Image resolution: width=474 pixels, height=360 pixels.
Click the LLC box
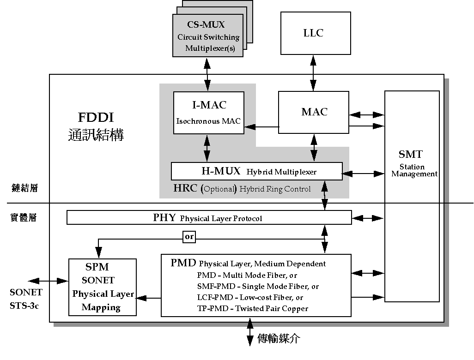[x=313, y=33]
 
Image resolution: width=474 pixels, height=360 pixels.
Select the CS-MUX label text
[x=206, y=25]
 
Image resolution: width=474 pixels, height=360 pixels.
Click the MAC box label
[x=314, y=112]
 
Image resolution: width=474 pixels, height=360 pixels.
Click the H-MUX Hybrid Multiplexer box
[x=256, y=171]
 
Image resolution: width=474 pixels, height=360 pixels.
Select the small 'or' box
[x=189, y=237]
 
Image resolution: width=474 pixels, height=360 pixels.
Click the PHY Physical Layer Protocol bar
[x=209, y=218]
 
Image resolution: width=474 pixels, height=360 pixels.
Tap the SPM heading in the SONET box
[x=97, y=267]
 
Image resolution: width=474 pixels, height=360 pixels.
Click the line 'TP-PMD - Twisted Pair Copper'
[x=252, y=308]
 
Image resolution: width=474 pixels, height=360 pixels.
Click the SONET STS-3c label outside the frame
[x=26, y=298]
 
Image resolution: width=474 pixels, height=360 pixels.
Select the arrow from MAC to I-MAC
[x=261, y=127]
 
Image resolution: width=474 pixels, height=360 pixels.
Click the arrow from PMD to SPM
[x=148, y=299]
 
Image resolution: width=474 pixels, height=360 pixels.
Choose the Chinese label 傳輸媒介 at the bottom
[x=278, y=339]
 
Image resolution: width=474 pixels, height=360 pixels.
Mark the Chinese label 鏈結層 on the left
[x=24, y=188]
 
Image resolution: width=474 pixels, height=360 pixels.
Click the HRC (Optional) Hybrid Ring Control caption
[x=242, y=189]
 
